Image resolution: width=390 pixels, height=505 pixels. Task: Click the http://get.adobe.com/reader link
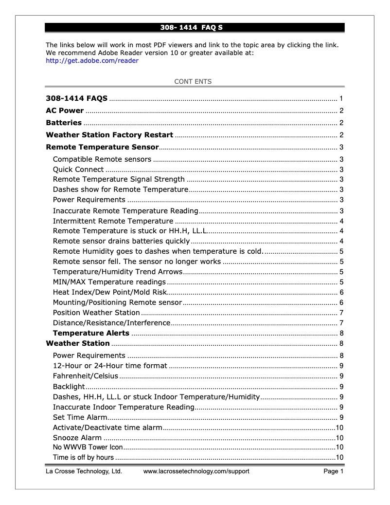(92, 61)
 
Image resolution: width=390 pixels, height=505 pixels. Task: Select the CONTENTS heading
(193, 81)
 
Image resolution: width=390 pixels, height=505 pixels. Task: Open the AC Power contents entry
(65, 111)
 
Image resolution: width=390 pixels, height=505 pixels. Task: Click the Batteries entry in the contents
(64, 123)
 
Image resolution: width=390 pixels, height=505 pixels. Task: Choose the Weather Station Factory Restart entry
(109, 135)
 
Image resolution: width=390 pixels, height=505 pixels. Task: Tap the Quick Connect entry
(78, 169)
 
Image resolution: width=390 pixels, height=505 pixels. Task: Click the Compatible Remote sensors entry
(102, 159)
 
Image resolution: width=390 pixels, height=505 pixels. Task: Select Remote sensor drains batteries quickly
(121, 241)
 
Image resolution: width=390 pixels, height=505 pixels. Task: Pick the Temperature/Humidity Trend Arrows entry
(118, 272)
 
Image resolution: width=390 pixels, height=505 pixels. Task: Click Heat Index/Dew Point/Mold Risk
(110, 292)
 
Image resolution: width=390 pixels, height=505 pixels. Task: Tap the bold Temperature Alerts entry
(91, 333)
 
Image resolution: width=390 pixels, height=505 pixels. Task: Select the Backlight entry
(69, 387)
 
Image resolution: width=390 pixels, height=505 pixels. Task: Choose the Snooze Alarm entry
(77, 438)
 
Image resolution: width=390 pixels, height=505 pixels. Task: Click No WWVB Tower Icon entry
(88, 447)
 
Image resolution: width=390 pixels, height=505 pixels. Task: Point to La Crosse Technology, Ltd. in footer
(84, 471)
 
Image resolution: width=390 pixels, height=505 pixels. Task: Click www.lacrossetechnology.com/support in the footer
(196, 471)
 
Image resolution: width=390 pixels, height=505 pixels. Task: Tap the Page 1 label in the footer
(334, 471)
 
